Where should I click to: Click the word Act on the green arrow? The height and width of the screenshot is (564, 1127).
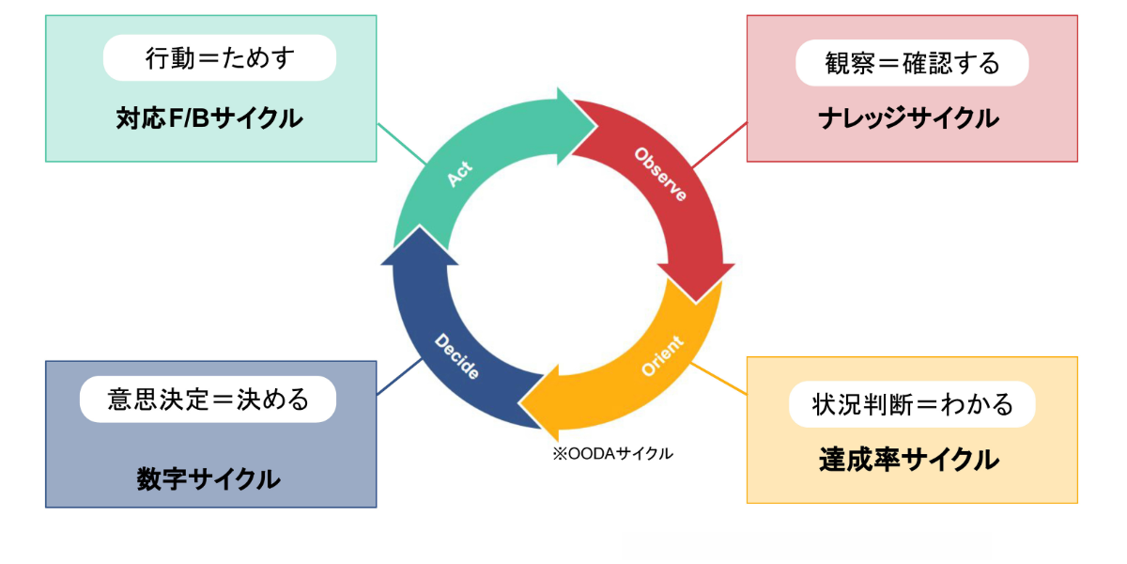(x=459, y=175)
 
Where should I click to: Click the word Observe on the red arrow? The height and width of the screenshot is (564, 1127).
(x=659, y=174)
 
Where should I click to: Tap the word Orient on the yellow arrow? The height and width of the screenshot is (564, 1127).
(x=663, y=355)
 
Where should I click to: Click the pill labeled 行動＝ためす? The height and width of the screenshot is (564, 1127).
(x=220, y=58)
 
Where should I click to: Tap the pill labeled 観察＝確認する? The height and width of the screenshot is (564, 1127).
(x=912, y=63)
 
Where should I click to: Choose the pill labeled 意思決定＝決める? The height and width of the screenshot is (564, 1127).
(x=208, y=399)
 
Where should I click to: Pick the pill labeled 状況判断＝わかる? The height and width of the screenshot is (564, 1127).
(x=912, y=404)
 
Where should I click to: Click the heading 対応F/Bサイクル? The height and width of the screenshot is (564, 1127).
(x=209, y=118)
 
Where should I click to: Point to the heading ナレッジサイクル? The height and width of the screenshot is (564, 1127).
(x=907, y=118)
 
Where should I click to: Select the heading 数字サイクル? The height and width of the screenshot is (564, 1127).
(x=208, y=478)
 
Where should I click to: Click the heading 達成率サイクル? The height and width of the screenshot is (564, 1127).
(x=907, y=460)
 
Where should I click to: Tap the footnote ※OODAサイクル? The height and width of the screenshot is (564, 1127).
(x=612, y=453)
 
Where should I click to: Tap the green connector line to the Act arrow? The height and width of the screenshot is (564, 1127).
(x=401, y=146)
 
